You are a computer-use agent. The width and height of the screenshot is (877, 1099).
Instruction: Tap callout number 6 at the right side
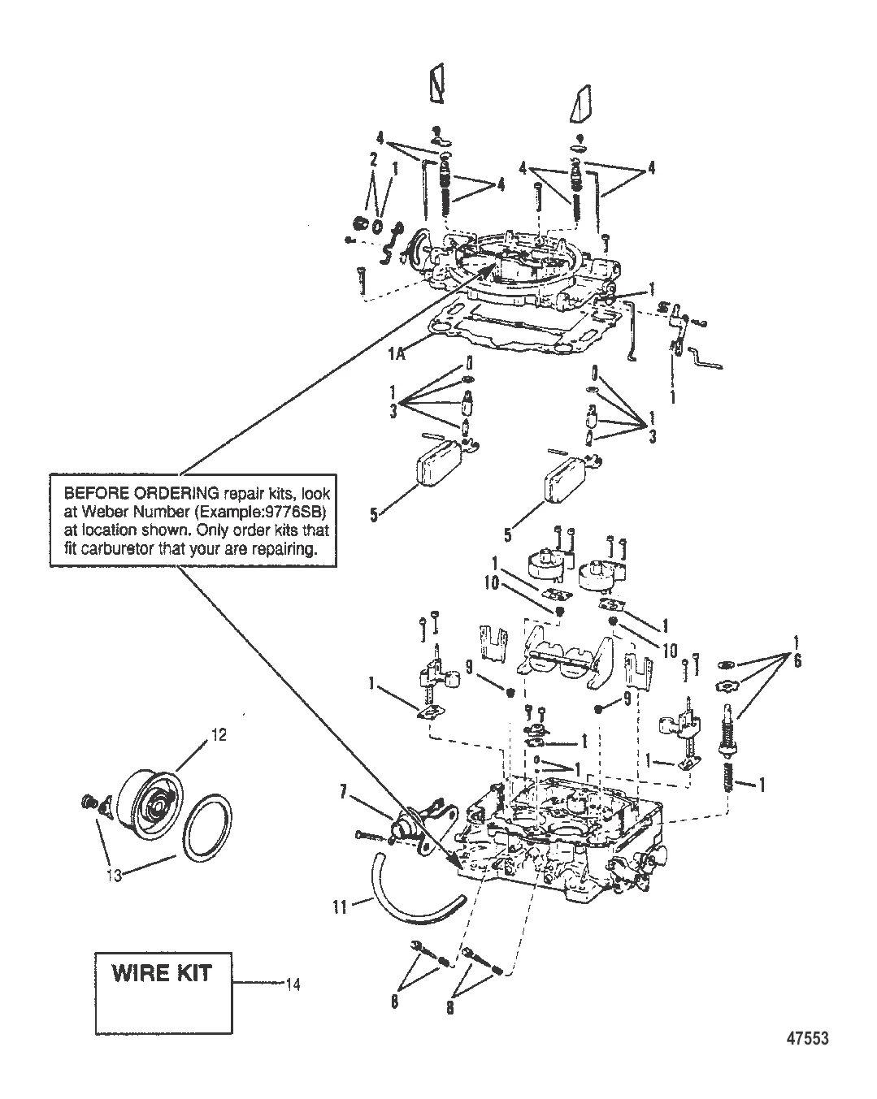coord(797,662)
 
